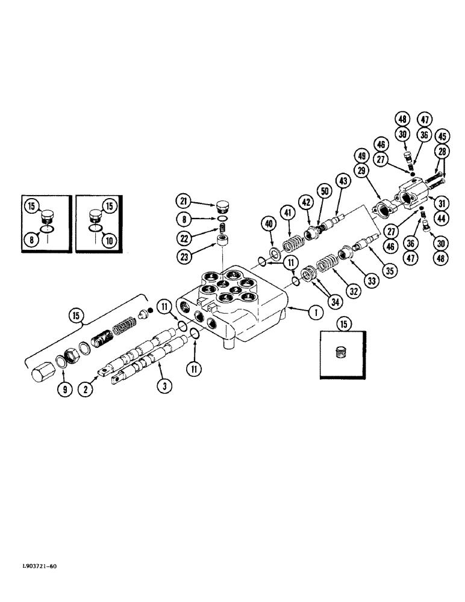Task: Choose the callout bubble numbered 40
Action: click(268, 225)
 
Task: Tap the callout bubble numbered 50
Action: click(326, 191)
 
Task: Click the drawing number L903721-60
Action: click(36, 566)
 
